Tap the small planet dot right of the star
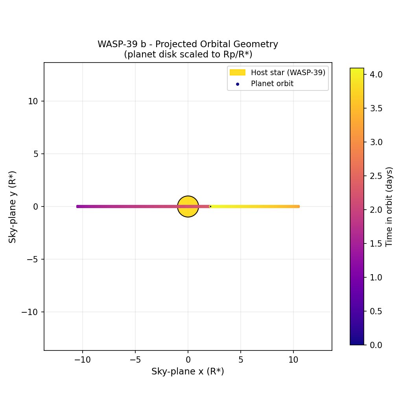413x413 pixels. click(x=210, y=206)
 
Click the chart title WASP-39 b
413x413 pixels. click(x=188, y=44)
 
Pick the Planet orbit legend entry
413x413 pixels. click(x=272, y=83)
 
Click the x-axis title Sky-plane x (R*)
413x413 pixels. click(x=188, y=371)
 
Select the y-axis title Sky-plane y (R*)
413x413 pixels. click(x=13, y=206)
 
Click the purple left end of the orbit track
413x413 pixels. click(x=78, y=206)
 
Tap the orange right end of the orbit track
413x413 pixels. click(x=298, y=206)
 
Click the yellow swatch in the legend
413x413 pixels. click(x=237, y=73)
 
